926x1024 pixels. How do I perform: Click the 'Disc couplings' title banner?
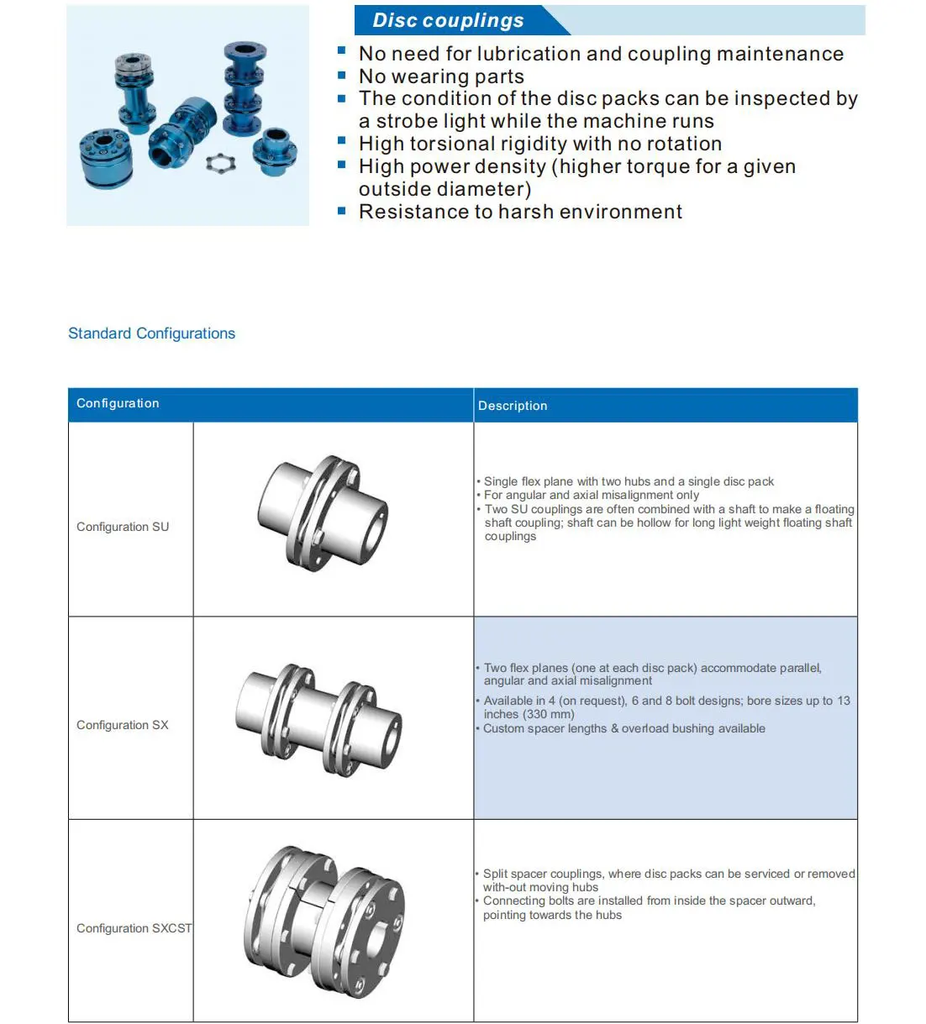coord(448,20)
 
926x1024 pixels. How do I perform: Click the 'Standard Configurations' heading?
coord(151,333)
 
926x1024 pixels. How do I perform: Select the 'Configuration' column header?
coord(118,403)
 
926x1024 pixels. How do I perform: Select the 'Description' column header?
coord(513,406)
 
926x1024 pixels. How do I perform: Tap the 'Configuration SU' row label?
coord(123,527)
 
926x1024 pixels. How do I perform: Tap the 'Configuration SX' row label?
coord(123,725)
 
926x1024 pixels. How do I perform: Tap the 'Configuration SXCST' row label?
coord(134,928)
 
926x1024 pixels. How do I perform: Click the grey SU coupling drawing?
coord(324,512)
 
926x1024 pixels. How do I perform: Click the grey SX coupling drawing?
coord(319,720)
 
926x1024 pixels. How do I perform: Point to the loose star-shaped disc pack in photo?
coord(220,161)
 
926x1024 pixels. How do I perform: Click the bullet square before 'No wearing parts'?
coord(342,76)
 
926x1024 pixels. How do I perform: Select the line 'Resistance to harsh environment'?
coord(520,212)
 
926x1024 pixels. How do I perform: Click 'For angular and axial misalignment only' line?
coord(592,495)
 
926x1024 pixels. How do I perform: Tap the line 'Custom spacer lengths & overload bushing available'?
coord(624,728)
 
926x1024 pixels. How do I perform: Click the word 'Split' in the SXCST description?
coord(497,874)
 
